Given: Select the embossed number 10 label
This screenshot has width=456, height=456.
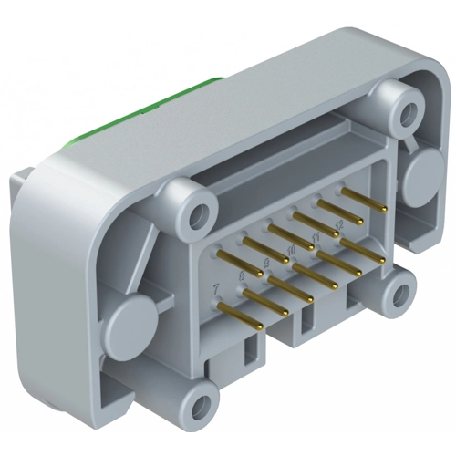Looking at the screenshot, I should (x=290, y=249).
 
